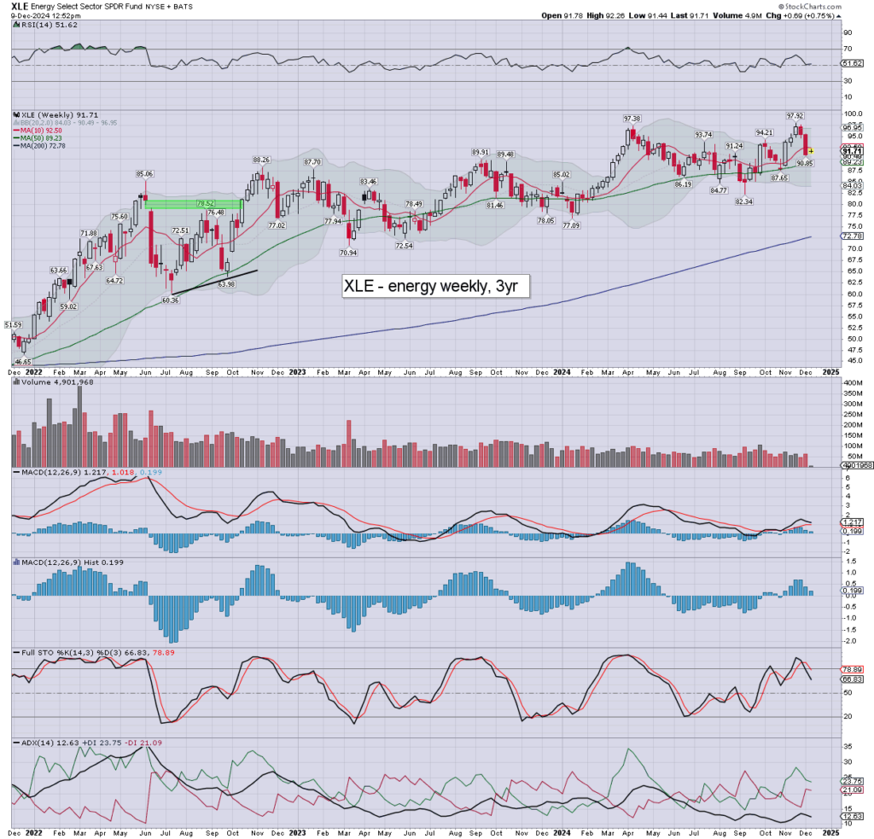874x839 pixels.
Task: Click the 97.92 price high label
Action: point(795,115)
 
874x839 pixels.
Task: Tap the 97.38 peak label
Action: point(632,118)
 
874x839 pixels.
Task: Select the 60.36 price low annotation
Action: point(171,300)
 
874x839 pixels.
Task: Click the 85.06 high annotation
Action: point(144,174)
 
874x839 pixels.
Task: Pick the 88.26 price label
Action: point(260,160)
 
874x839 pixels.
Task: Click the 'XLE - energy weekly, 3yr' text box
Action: point(435,286)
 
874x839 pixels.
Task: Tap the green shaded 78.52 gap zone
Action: point(194,204)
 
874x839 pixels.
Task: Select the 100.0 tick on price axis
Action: point(852,114)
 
